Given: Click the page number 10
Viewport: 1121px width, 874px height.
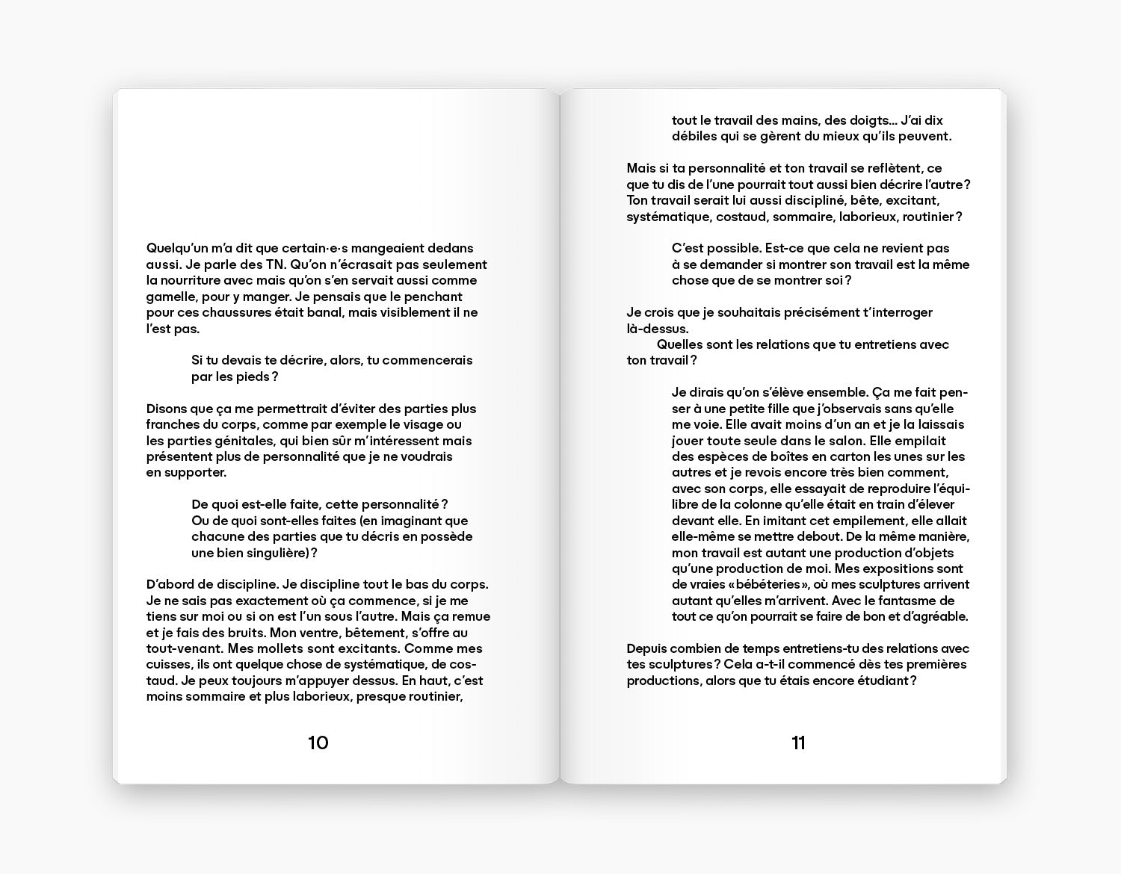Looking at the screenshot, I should coord(318,743).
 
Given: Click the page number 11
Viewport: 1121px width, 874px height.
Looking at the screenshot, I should coord(798,743).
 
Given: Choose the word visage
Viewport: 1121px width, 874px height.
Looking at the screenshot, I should coord(416,424).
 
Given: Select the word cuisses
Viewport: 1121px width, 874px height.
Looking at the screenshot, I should coord(169,665).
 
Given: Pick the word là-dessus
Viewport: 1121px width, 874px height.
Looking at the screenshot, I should coord(658,329).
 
